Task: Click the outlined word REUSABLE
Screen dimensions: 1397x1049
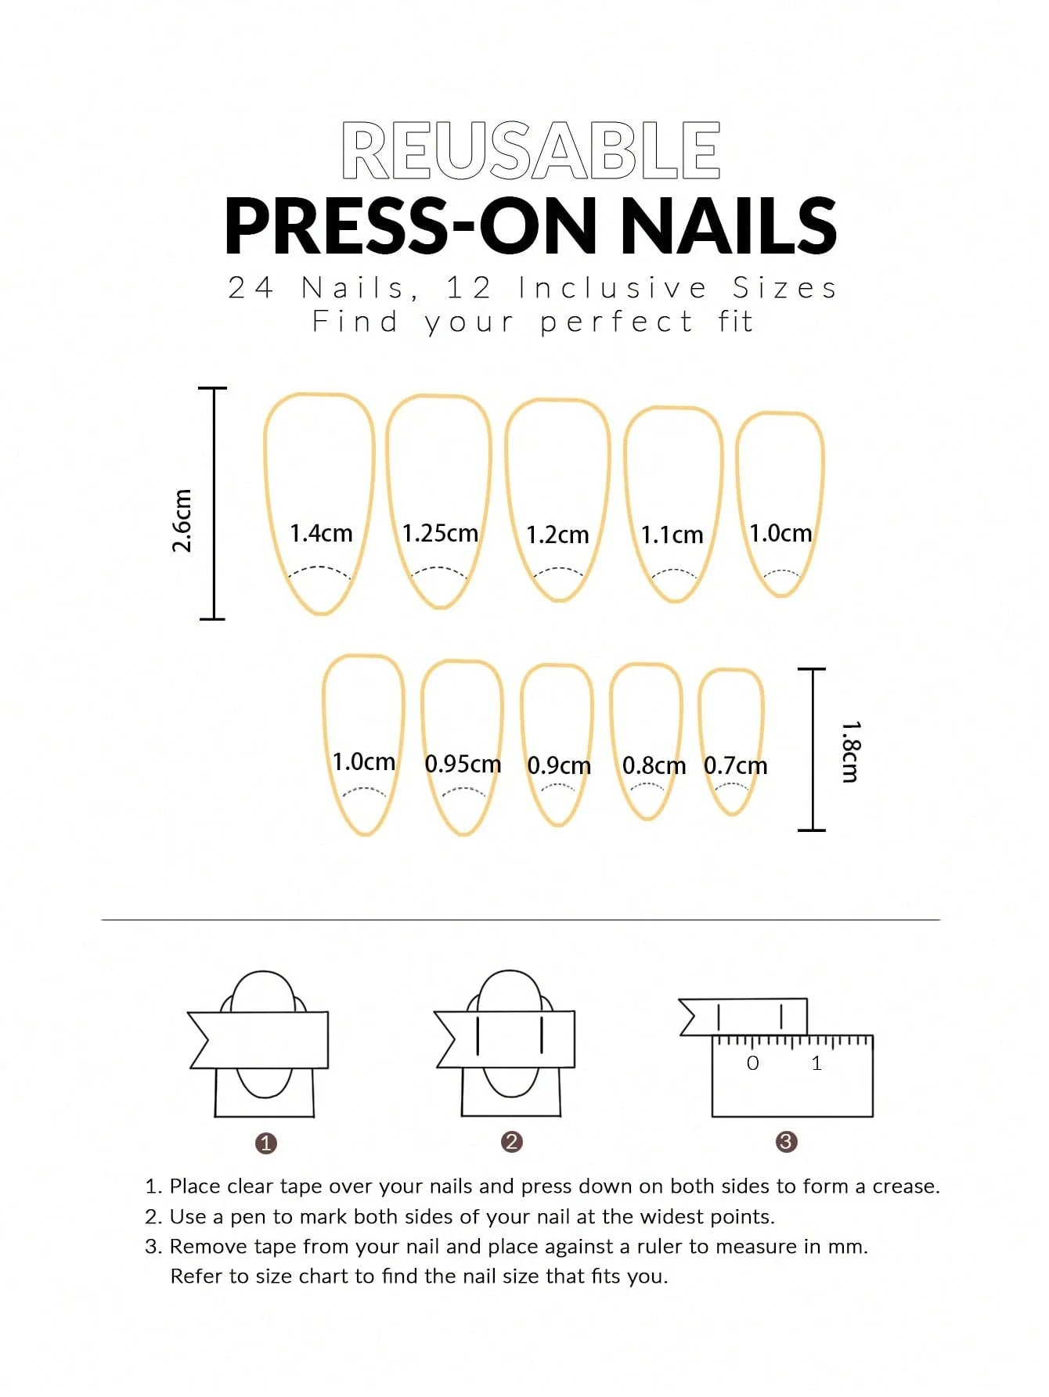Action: tap(531, 150)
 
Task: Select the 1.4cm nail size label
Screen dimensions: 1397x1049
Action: tap(321, 534)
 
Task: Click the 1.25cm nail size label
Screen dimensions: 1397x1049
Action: tap(440, 534)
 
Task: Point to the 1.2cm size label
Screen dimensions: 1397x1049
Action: tap(557, 535)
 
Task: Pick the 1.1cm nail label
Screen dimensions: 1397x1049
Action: tap(672, 535)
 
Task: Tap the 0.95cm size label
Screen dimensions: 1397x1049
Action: tap(463, 764)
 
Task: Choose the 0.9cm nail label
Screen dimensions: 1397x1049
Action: tap(559, 765)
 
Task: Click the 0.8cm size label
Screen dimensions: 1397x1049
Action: tap(654, 765)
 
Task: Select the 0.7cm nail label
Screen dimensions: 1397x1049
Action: tap(735, 765)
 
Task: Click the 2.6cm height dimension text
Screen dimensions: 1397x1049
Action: tap(182, 520)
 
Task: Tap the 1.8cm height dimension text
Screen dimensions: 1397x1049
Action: tap(850, 751)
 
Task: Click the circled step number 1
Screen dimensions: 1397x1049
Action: tap(266, 1143)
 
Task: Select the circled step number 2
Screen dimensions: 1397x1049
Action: tap(511, 1142)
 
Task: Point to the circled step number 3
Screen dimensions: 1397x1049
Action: tap(786, 1142)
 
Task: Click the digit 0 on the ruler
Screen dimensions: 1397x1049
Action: tap(752, 1063)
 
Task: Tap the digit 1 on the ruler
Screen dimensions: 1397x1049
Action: tap(816, 1063)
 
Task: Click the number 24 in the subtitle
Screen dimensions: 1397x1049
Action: tap(251, 288)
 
